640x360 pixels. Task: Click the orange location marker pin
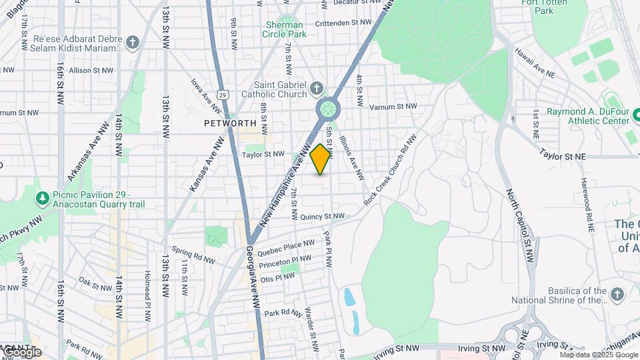[321, 159]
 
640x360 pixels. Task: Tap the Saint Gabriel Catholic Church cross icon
[317, 88]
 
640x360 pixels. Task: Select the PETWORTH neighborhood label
[230, 123]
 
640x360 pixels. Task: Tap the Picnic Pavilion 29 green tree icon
[43, 198]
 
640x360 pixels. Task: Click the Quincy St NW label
[322, 217]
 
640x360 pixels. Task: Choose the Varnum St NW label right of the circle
[393, 106]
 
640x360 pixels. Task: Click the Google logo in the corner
[21, 351]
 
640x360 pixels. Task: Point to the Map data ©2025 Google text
[589, 355]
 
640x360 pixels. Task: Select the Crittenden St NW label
[343, 22]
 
